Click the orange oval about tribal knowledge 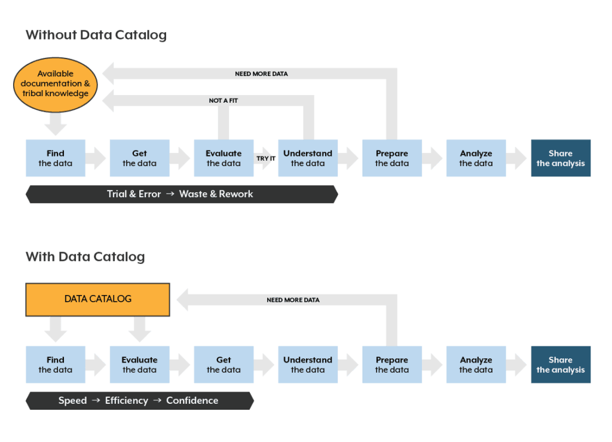point(55,84)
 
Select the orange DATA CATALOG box point(97,299)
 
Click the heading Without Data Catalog point(96,35)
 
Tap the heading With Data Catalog point(85,257)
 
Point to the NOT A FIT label point(223,100)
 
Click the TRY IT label point(266,158)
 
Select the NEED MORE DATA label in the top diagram point(261,74)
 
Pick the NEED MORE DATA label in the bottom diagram point(293,300)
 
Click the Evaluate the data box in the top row point(224,158)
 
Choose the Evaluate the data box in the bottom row point(139,364)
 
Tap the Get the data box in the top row point(139,158)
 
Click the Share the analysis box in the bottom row point(561,364)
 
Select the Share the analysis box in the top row point(561,158)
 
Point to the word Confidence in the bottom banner point(192,401)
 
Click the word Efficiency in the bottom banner point(126,401)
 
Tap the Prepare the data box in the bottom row point(391,364)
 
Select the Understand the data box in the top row point(308,158)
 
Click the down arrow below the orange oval point(56,125)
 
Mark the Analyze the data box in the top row point(476,158)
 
